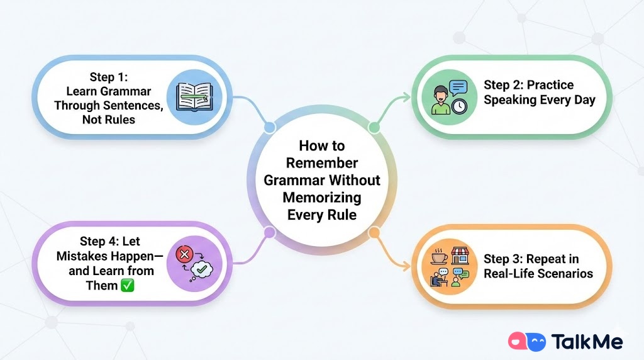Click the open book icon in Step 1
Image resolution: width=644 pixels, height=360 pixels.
(x=192, y=98)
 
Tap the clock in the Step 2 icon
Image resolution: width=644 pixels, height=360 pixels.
(x=460, y=106)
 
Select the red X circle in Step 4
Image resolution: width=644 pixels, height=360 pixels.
(x=185, y=255)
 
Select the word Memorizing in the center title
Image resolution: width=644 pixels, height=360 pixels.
(x=322, y=197)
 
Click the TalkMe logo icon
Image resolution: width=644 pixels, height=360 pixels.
(x=526, y=342)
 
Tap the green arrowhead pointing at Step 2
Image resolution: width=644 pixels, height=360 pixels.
(x=407, y=98)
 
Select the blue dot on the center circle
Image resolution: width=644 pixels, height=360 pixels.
(x=269, y=128)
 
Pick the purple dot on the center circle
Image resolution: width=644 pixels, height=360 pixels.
(x=270, y=232)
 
